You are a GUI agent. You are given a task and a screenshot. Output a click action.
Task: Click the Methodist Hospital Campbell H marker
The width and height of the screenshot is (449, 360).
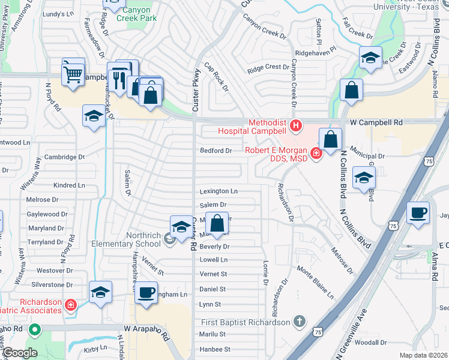295,125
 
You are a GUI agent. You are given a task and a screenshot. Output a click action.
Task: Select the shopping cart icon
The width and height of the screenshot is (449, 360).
73,74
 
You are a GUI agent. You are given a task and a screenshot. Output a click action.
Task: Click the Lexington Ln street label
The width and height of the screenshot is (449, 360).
218,191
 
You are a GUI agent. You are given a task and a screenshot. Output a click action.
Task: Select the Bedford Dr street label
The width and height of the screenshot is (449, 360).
215,151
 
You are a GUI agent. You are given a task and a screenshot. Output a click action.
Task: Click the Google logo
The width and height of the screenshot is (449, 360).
19,353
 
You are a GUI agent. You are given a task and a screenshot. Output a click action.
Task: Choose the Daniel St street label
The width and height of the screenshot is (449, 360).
212,289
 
